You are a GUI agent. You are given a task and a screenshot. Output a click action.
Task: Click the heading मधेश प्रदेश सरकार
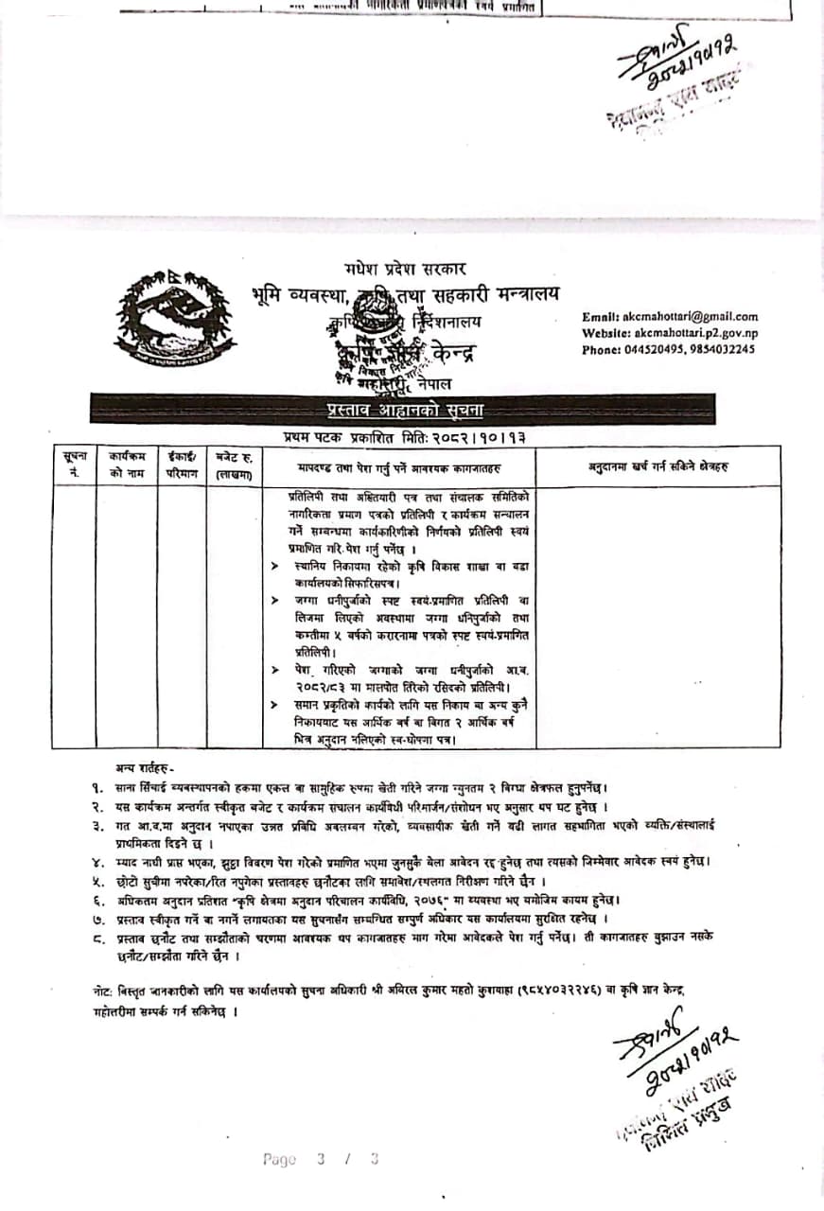click(x=405, y=270)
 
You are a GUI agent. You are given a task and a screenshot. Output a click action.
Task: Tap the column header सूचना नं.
click(x=74, y=465)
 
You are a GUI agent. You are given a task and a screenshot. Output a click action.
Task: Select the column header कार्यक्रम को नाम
click(x=126, y=465)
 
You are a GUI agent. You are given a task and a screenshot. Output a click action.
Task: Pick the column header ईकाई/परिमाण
click(x=182, y=465)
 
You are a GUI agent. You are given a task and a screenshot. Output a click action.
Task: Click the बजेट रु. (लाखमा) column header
click(x=233, y=465)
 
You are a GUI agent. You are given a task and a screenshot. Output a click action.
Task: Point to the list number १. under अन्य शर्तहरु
click(x=96, y=787)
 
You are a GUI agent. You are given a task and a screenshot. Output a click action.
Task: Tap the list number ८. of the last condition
click(x=96, y=935)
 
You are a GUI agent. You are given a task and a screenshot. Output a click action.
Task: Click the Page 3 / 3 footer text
click(x=321, y=1159)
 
